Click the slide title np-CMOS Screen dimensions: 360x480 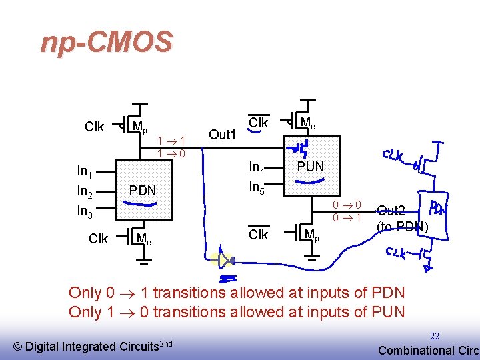coord(106,43)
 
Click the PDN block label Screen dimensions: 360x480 coord(142,191)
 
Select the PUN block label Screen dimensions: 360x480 coord(310,167)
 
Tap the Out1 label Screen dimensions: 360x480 coord(223,135)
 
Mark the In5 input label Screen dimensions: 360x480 coord(257,187)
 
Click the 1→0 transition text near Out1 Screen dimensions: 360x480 coord(171,153)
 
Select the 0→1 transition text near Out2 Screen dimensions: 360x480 coord(347,218)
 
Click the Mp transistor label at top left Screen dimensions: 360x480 coord(139,126)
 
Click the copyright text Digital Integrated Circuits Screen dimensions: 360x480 coord(93,346)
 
